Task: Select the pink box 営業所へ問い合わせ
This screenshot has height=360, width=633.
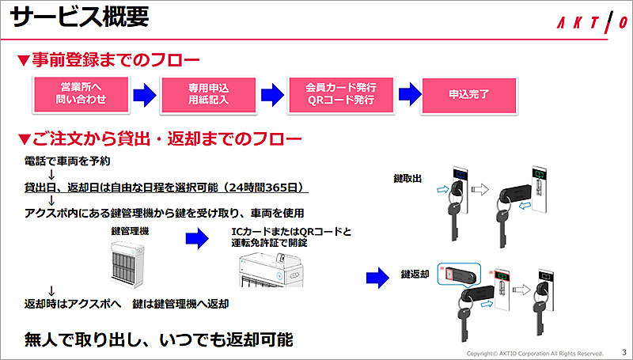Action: (x=79, y=93)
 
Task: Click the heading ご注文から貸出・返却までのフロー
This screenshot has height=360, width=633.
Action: (x=159, y=140)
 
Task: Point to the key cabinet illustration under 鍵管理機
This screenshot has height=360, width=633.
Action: (x=130, y=261)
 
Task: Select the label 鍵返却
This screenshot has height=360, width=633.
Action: (x=416, y=275)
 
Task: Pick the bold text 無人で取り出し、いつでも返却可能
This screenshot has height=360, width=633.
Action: (x=158, y=339)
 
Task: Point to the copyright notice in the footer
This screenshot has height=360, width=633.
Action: (x=535, y=353)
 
